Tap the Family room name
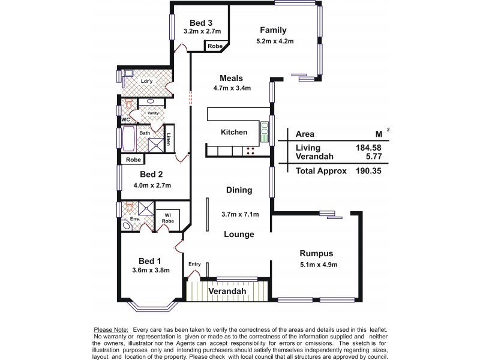click(x=272, y=30)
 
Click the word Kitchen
click(x=233, y=132)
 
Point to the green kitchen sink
click(x=263, y=127)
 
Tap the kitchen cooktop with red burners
click(x=250, y=152)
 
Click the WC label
click(x=125, y=119)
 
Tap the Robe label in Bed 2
click(x=133, y=160)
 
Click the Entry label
click(x=194, y=263)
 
